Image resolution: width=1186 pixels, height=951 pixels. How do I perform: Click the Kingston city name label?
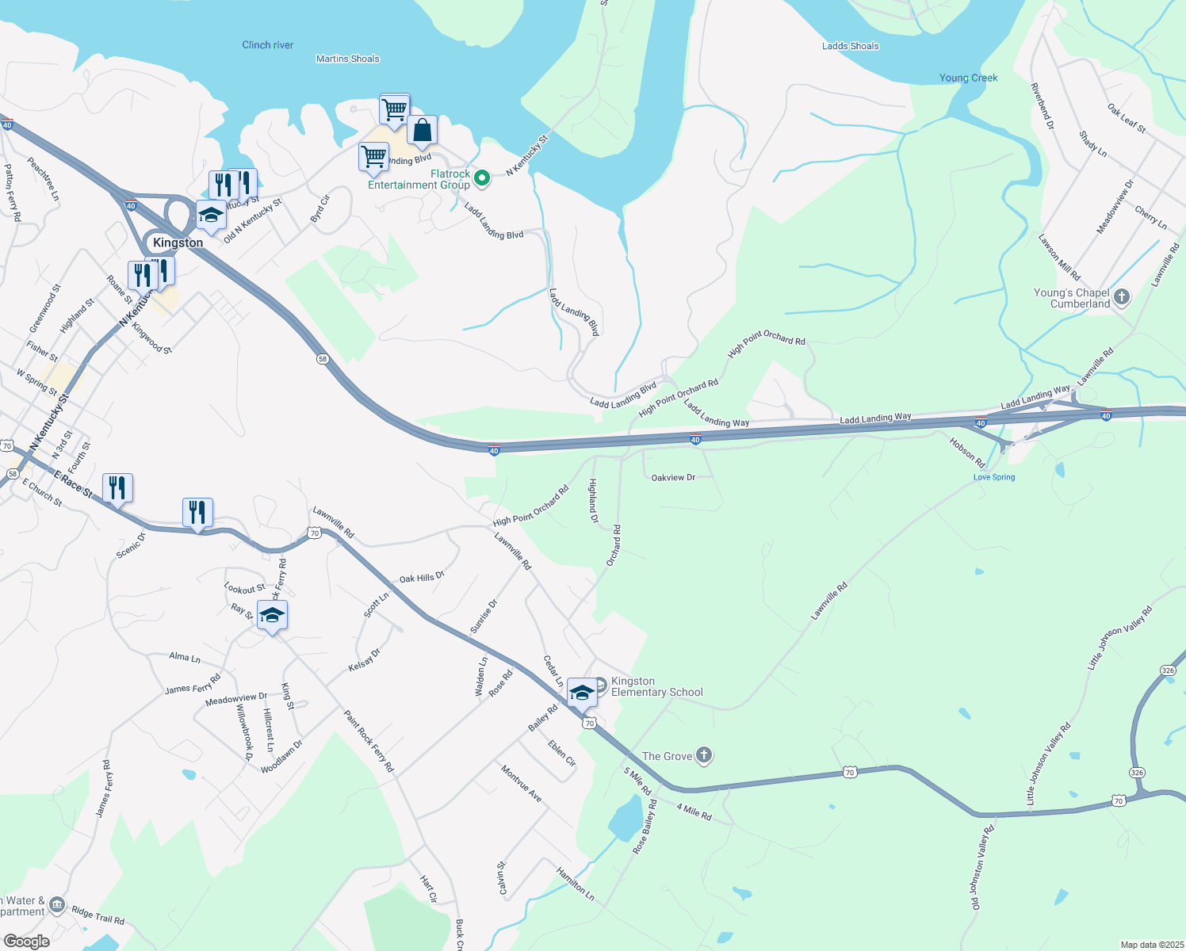click(178, 243)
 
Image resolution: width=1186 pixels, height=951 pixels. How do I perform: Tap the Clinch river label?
click(267, 45)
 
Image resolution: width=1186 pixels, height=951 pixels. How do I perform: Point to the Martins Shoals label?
click(347, 59)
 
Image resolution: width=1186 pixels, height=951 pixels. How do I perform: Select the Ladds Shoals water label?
click(850, 46)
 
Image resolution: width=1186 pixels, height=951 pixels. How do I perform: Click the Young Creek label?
click(968, 78)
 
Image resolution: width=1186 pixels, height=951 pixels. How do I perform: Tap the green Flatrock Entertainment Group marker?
click(481, 178)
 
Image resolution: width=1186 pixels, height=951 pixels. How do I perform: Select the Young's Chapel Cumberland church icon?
click(1121, 297)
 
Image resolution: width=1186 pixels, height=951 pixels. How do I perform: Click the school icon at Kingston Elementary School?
click(582, 693)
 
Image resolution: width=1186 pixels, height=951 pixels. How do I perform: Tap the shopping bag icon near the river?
click(422, 131)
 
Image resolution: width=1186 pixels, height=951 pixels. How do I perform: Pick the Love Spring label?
click(993, 477)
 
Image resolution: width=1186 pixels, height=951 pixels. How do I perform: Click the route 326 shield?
click(1168, 670)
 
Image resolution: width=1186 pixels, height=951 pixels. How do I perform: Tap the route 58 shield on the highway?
click(323, 359)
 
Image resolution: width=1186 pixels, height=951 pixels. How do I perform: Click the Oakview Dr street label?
click(672, 478)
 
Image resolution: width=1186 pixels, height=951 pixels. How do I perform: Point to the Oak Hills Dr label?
click(422, 579)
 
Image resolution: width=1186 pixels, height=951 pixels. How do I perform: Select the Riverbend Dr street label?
click(1042, 105)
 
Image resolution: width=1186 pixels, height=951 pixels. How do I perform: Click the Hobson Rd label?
click(967, 452)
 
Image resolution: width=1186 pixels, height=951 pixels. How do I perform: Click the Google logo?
click(26, 941)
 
